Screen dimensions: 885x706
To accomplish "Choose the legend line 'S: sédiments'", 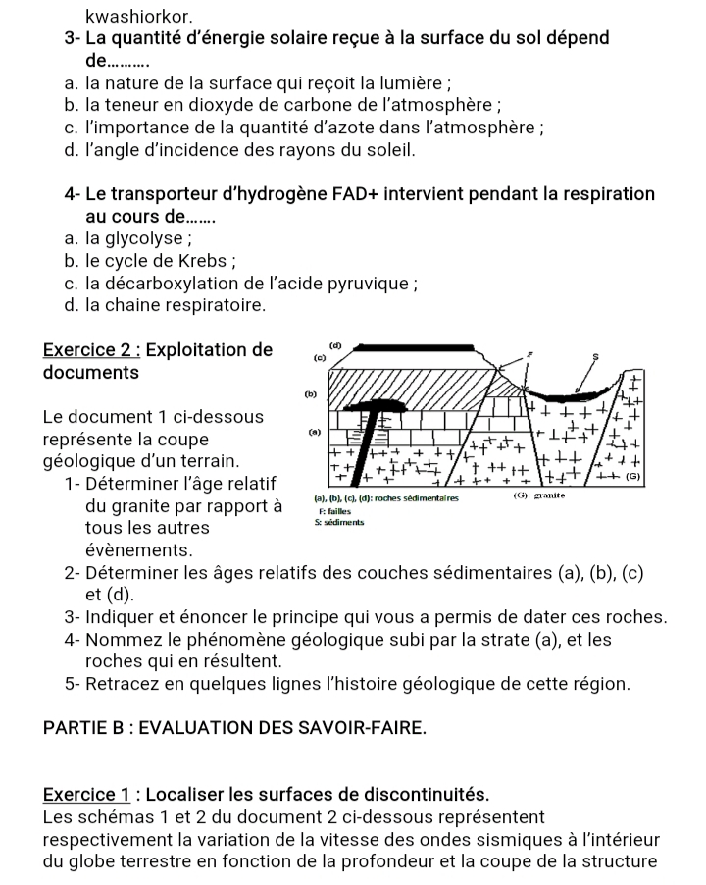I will tap(339, 523).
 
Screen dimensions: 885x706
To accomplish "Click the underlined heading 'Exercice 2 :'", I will tap(92, 350).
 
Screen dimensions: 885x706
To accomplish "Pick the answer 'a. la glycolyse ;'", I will tap(126, 239).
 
